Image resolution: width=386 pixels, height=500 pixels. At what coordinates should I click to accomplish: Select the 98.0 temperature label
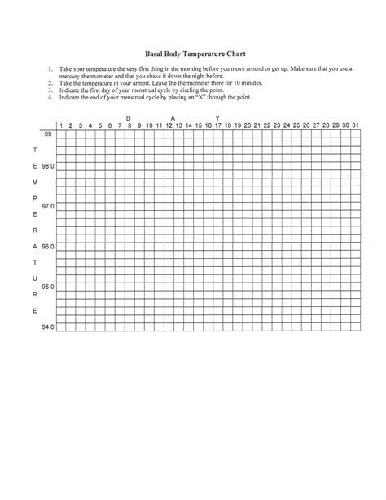[48, 165]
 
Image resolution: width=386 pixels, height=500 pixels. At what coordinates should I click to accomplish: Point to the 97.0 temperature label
[48, 206]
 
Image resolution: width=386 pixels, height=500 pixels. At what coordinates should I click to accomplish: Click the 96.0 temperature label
[48, 246]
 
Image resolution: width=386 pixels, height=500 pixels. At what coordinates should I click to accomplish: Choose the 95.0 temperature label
[48, 287]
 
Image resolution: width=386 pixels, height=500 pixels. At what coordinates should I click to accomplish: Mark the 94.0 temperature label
[48, 327]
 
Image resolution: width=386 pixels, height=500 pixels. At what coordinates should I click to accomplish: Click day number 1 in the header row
[60, 125]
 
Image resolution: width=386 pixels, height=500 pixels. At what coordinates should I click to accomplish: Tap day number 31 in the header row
[355, 125]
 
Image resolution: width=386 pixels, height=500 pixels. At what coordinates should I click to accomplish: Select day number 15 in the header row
[198, 125]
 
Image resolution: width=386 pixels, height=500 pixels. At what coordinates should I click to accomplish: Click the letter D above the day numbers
[129, 117]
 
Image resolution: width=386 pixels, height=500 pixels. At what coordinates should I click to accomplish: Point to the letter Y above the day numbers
[217, 117]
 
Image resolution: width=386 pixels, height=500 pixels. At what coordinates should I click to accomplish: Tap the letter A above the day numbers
[172, 117]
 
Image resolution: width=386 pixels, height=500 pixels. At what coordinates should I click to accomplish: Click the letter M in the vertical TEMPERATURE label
[34, 182]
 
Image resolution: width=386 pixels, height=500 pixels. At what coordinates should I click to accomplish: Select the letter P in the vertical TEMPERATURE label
[34, 198]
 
